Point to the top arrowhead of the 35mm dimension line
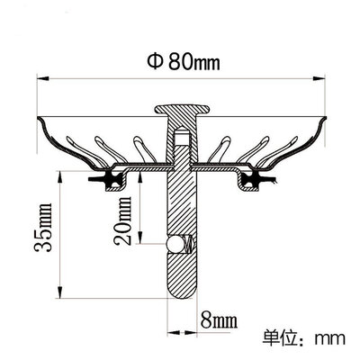(x=58, y=174)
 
